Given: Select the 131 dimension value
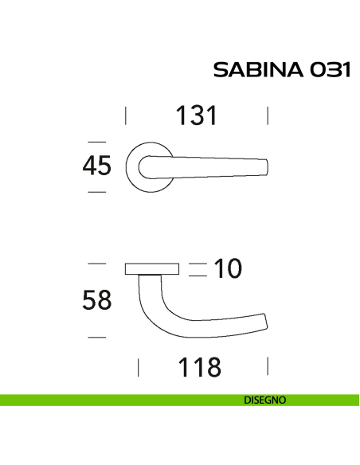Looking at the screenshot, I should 196,116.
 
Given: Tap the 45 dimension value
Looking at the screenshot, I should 96,166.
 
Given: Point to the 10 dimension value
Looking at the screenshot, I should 228,269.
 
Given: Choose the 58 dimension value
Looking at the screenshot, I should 96,300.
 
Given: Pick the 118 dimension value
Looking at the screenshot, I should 199,367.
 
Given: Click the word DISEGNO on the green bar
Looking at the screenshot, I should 265,401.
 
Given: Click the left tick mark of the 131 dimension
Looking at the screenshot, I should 127,116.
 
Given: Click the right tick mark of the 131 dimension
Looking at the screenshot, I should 268,116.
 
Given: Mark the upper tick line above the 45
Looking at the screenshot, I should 96,140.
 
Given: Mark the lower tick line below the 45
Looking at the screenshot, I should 96,193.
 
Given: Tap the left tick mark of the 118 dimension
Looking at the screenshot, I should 139,367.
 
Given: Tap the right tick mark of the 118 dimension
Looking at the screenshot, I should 268,367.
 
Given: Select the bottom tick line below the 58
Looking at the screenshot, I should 96,338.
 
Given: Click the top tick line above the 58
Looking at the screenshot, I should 96,263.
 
